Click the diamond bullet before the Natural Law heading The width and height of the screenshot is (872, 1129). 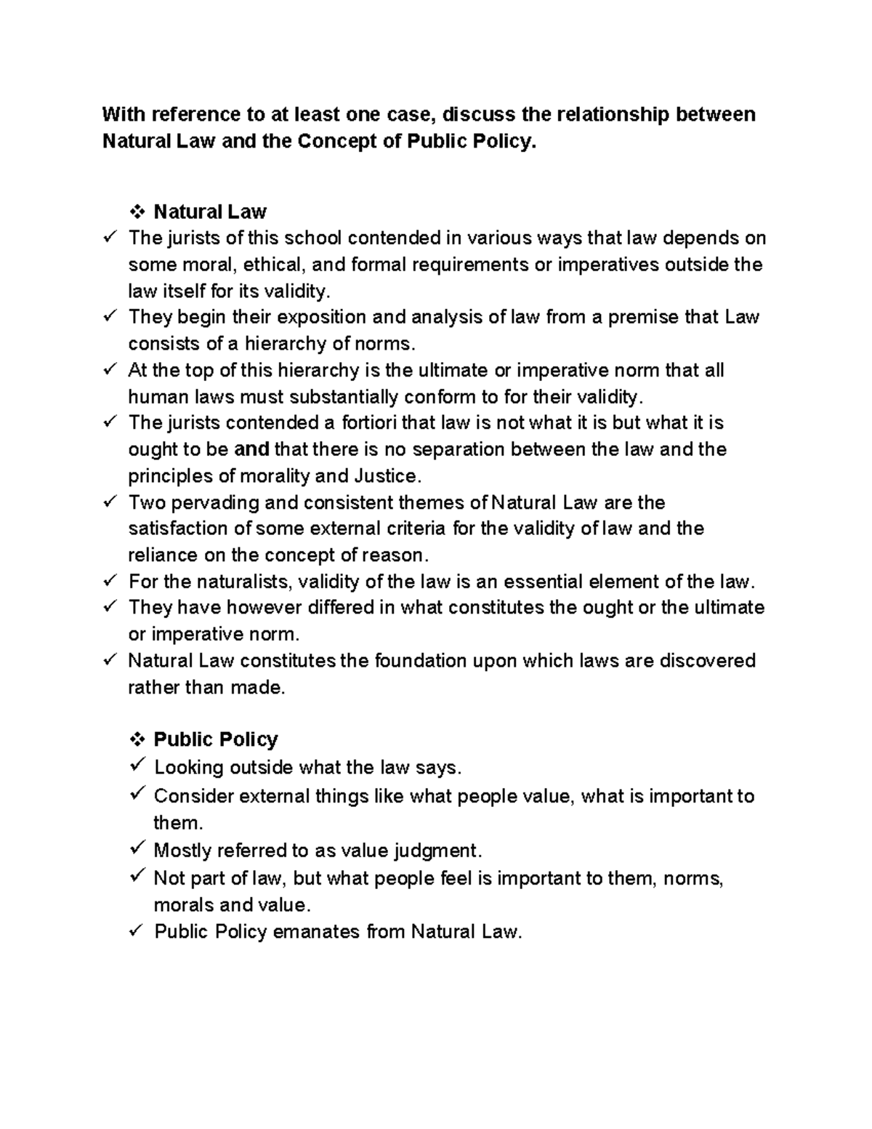(x=136, y=212)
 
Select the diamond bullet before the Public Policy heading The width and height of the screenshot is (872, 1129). (x=136, y=740)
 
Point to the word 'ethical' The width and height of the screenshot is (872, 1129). (x=275, y=265)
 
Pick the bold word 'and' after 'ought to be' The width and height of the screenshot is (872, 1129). (x=253, y=449)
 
